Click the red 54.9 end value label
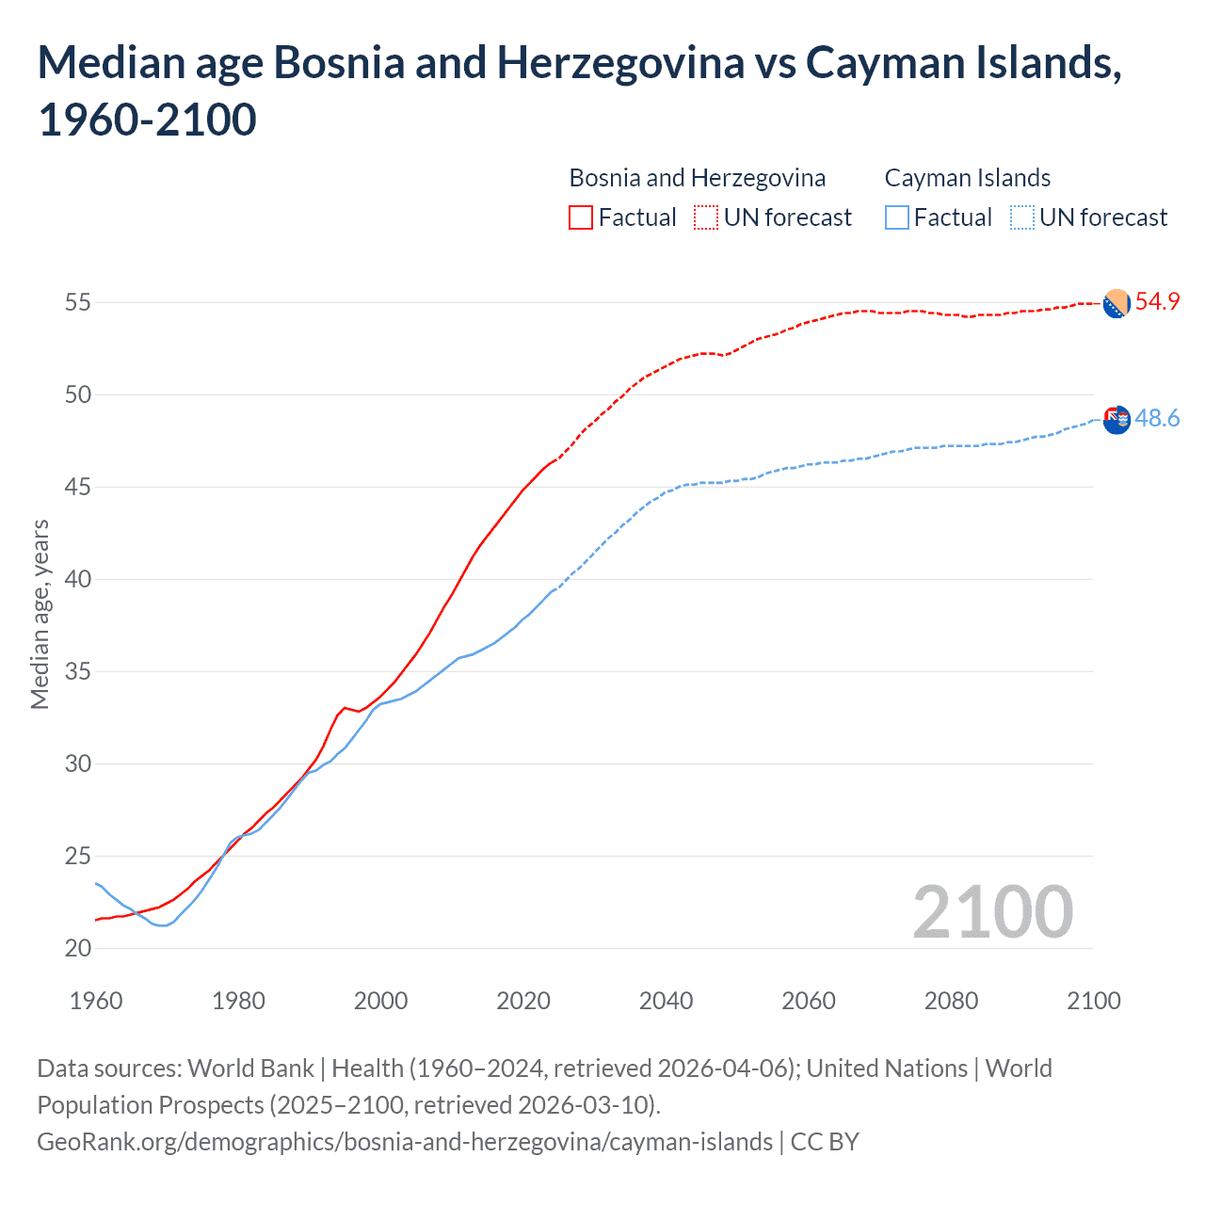1157,302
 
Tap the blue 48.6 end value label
1157,419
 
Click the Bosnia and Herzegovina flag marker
1117,303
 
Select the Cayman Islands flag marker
1117,420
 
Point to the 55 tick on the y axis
78,303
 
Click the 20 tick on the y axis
78,948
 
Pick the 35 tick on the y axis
78,672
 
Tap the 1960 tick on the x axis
96,1001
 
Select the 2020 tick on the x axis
523,1001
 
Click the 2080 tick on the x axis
951,1001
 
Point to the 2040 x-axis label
666,1001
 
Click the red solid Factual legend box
581,217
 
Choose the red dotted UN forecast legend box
706,217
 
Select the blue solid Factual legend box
897,217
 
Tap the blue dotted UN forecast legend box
1022,217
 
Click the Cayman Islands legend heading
967,178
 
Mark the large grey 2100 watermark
992,912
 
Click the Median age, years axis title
40,614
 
